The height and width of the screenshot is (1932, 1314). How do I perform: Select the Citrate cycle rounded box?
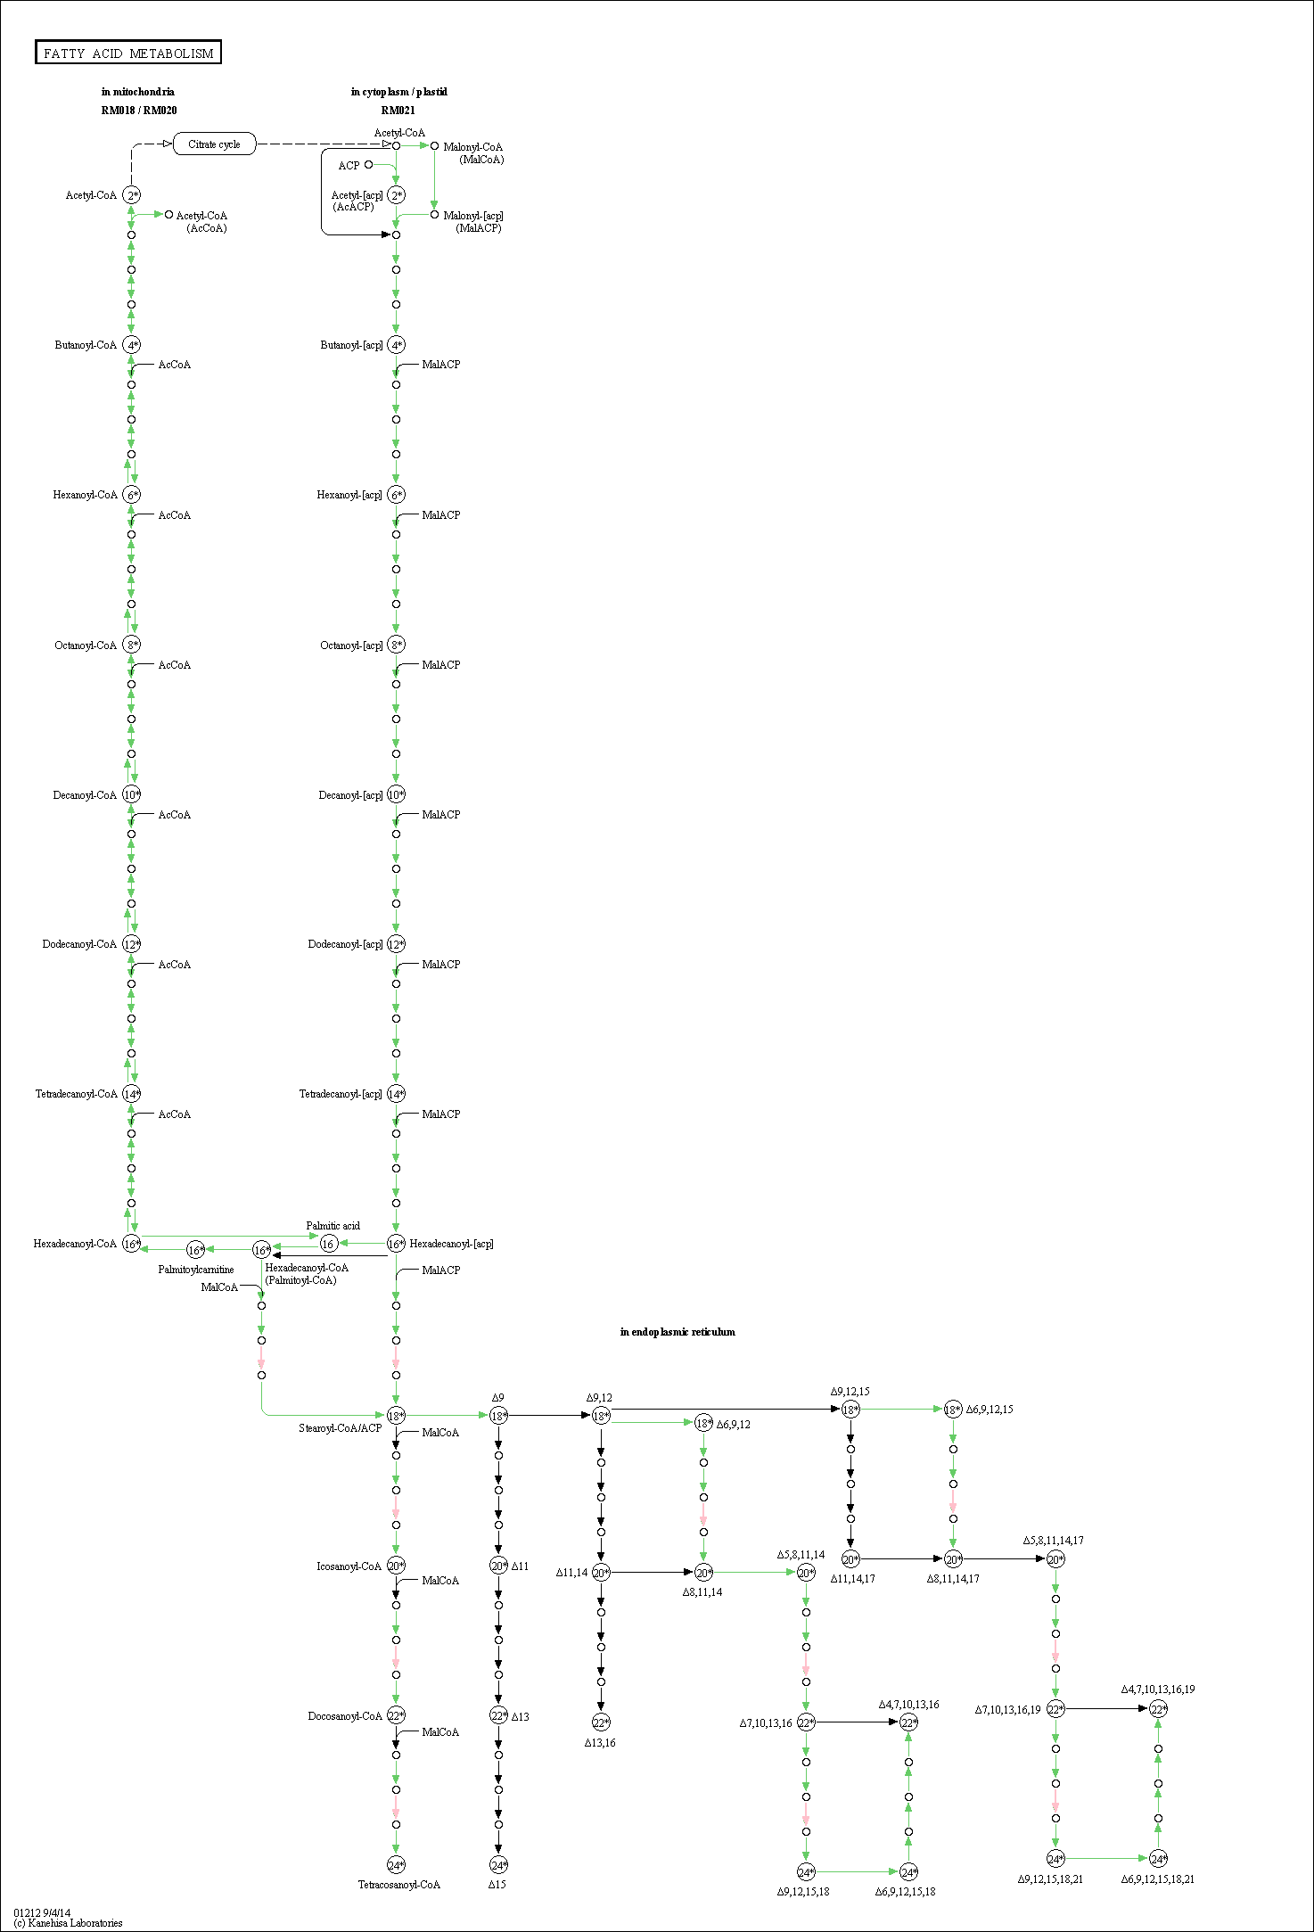[x=214, y=144]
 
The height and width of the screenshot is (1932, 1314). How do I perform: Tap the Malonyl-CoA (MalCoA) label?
[x=473, y=153]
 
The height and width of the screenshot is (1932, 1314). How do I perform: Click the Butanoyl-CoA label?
[x=86, y=345]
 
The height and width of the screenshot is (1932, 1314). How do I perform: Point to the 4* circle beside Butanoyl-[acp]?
[x=396, y=345]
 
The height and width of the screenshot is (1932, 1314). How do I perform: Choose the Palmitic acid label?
[x=333, y=1226]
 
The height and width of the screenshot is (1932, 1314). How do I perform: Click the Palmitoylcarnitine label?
[x=196, y=1270]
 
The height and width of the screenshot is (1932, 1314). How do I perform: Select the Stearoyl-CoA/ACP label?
[x=341, y=1428]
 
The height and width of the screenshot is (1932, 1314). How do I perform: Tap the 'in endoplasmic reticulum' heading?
[x=678, y=1332]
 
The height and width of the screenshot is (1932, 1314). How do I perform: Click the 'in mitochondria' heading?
[x=138, y=92]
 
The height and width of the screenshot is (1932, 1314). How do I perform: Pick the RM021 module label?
[x=398, y=111]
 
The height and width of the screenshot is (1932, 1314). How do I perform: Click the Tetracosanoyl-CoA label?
[x=399, y=1885]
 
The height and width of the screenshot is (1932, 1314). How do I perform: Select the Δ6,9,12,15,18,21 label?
[x=1158, y=1879]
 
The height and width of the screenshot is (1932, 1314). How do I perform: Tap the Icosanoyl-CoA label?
[x=349, y=1566]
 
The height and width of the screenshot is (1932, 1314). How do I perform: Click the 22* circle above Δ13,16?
[x=601, y=1722]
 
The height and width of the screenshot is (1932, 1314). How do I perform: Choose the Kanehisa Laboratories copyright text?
[x=68, y=1923]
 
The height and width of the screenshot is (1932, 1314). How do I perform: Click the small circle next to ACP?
[x=368, y=164]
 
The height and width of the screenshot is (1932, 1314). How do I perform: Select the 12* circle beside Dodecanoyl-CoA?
[x=131, y=944]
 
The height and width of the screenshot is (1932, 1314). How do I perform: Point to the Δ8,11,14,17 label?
[x=954, y=1579]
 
